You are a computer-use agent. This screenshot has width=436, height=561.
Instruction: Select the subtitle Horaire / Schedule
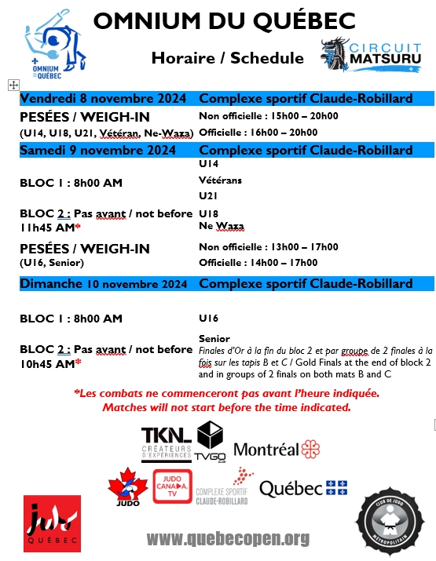pos(228,57)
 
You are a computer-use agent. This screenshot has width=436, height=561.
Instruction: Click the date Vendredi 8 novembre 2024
pos(103,99)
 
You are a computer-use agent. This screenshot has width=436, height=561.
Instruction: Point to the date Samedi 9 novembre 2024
pos(98,150)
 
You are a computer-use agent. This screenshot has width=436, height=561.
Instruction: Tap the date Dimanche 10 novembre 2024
pos(103,283)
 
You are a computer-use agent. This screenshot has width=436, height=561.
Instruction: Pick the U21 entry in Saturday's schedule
pos(208,195)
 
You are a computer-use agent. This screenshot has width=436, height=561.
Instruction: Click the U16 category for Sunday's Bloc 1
pos(208,318)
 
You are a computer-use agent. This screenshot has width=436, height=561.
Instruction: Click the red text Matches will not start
pos(226,407)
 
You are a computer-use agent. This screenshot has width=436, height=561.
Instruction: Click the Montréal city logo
pos(277,449)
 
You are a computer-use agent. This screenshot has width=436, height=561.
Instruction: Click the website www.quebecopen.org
pos(228,539)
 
